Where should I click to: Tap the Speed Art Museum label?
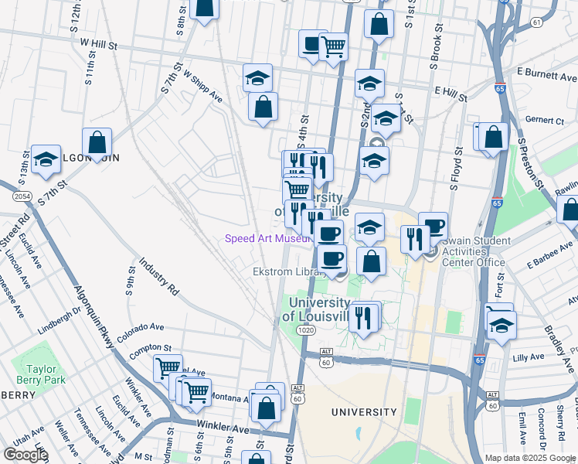[x=266, y=238]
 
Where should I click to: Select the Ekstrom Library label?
[x=283, y=272]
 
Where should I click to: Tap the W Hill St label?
[x=97, y=46]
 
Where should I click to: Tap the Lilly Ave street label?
[x=529, y=358]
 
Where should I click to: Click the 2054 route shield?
[x=22, y=197]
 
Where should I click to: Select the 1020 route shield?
[x=304, y=330]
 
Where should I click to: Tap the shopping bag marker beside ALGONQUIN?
[x=97, y=142]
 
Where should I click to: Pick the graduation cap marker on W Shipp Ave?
[x=257, y=77]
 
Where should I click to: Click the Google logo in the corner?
[x=25, y=455]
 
